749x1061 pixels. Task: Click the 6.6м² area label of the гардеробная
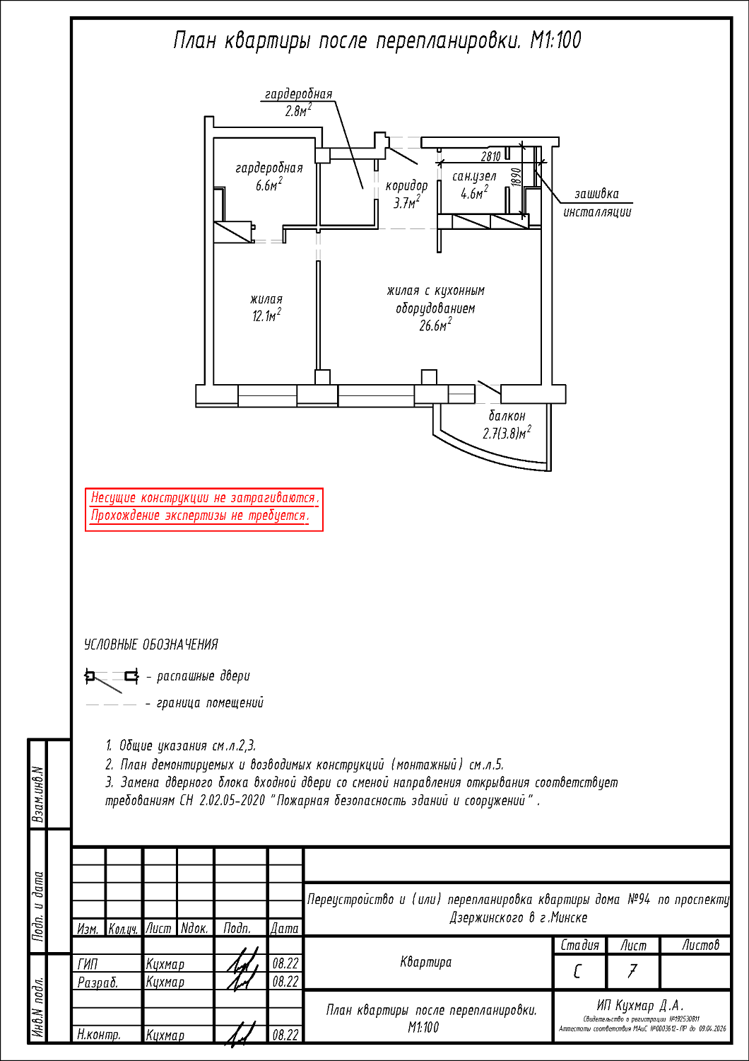[x=269, y=185]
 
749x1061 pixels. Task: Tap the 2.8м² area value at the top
[x=298, y=110]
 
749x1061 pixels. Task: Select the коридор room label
[x=406, y=186]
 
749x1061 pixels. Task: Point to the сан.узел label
[x=474, y=176]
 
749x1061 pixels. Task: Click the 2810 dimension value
[x=491, y=156]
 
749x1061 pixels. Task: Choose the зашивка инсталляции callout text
[x=597, y=203]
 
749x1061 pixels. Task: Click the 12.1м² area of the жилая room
[x=266, y=315]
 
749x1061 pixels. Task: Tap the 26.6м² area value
[x=435, y=325]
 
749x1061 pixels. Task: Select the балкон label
[x=507, y=416]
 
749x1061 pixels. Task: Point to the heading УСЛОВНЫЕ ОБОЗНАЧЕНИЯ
[x=151, y=644]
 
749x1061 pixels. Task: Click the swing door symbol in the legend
[x=111, y=678]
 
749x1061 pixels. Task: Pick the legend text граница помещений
[x=209, y=703]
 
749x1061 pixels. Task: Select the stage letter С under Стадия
[x=579, y=972]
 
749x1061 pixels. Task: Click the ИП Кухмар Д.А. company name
[x=640, y=1006]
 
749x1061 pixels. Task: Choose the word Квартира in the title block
[x=425, y=962]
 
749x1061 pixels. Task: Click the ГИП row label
[x=88, y=963]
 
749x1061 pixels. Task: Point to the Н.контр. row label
[x=99, y=1035]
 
